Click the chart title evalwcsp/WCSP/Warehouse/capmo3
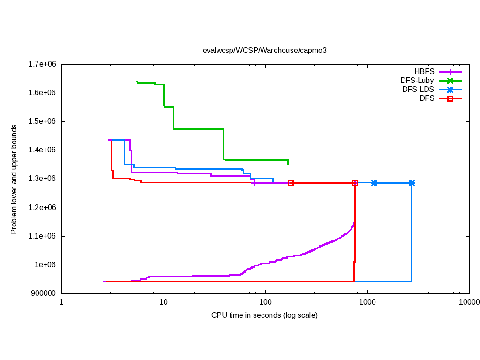click(264, 51)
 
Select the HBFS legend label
click(424, 72)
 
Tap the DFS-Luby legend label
click(417, 81)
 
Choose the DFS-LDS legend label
click(418, 90)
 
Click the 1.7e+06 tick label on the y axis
click(43, 64)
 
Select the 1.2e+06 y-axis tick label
click(43, 208)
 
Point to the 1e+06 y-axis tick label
click(46, 265)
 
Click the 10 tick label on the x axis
click(164, 302)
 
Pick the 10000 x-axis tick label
click(469, 302)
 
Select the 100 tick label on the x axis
click(265, 302)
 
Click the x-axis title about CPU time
click(264, 315)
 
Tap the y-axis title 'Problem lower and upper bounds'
click(14, 179)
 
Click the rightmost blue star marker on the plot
click(412, 183)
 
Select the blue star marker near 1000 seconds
click(374, 183)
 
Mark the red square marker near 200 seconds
click(291, 183)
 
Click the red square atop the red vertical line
click(355, 183)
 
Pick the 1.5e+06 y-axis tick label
click(43, 121)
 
